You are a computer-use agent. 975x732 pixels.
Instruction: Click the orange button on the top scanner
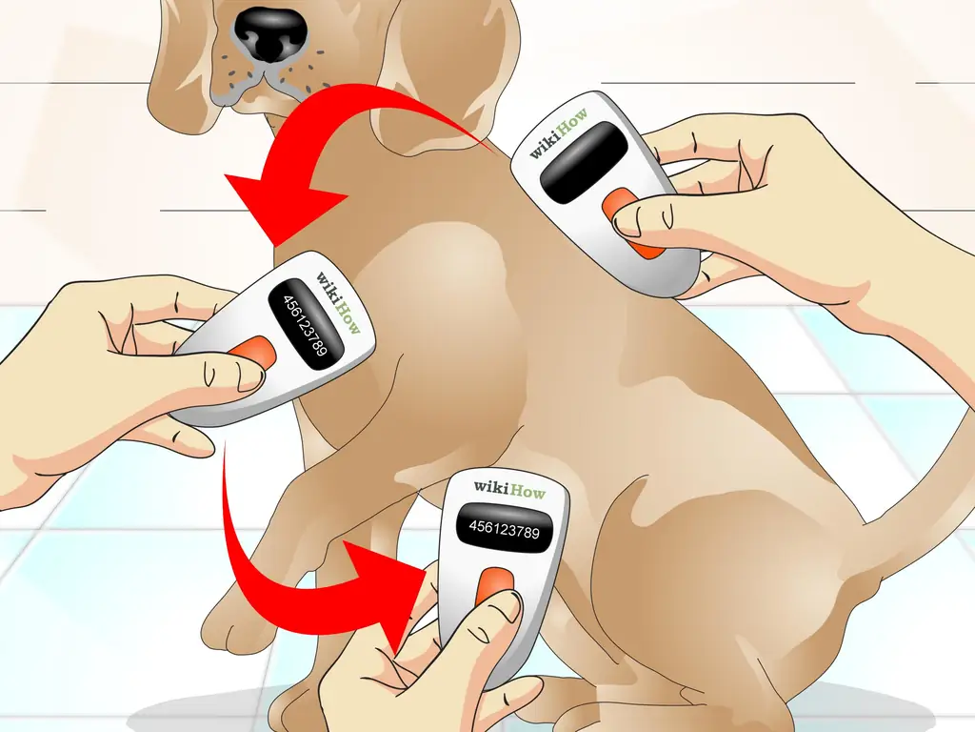[x=628, y=222]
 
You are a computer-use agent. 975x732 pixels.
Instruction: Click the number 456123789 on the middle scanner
[x=305, y=326]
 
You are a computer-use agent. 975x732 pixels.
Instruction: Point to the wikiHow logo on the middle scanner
[x=339, y=302]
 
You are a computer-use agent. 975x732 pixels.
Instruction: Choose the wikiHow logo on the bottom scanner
[x=509, y=490]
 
